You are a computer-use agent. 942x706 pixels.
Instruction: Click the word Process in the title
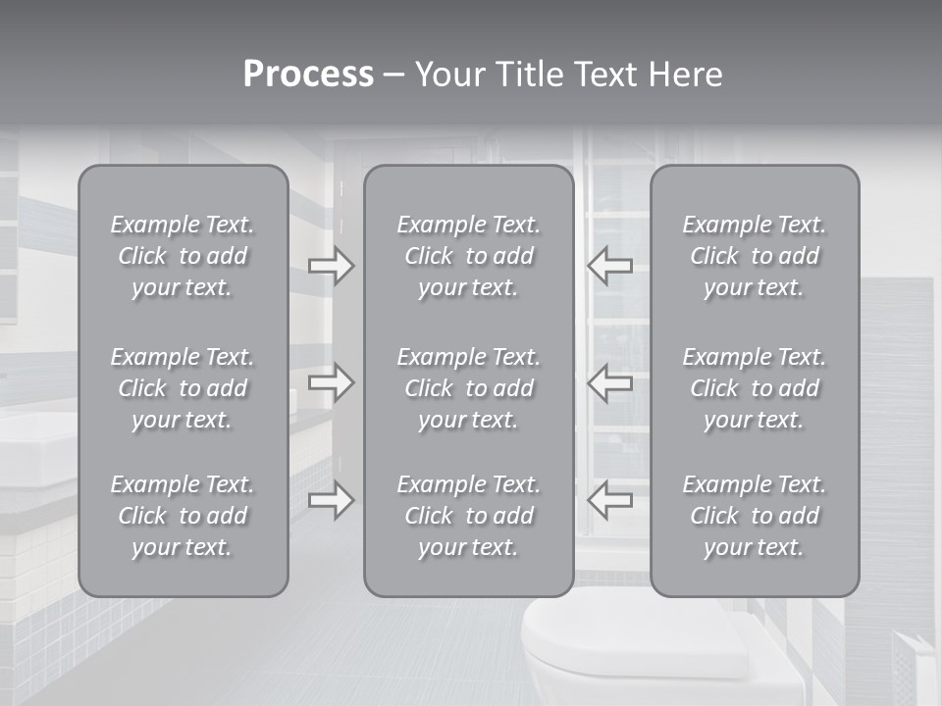pos(308,75)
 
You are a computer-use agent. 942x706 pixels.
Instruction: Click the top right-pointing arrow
pos(331,265)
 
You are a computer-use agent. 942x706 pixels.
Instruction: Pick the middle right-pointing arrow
pos(331,381)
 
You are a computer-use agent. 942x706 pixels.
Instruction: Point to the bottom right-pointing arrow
pos(331,500)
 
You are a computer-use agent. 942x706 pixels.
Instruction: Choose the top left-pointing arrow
pos(610,265)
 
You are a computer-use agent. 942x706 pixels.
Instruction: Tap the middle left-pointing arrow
pos(610,381)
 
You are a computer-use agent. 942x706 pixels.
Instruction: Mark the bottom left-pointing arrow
pos(610,500)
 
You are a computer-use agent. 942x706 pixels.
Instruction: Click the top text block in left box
pos(183,256)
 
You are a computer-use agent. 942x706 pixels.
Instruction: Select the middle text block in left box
pos(183,388)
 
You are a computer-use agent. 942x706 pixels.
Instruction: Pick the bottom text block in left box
pos(183,516)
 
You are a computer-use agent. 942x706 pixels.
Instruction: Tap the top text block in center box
pos(468,256)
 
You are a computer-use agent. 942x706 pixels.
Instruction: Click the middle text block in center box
pos(468,388)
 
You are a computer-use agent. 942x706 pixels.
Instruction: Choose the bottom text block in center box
pos(468,516)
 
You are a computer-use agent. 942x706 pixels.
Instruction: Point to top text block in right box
pos(754,256)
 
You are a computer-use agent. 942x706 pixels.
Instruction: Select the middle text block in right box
pos(754,388)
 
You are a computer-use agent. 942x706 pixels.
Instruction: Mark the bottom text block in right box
pos(754,516)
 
